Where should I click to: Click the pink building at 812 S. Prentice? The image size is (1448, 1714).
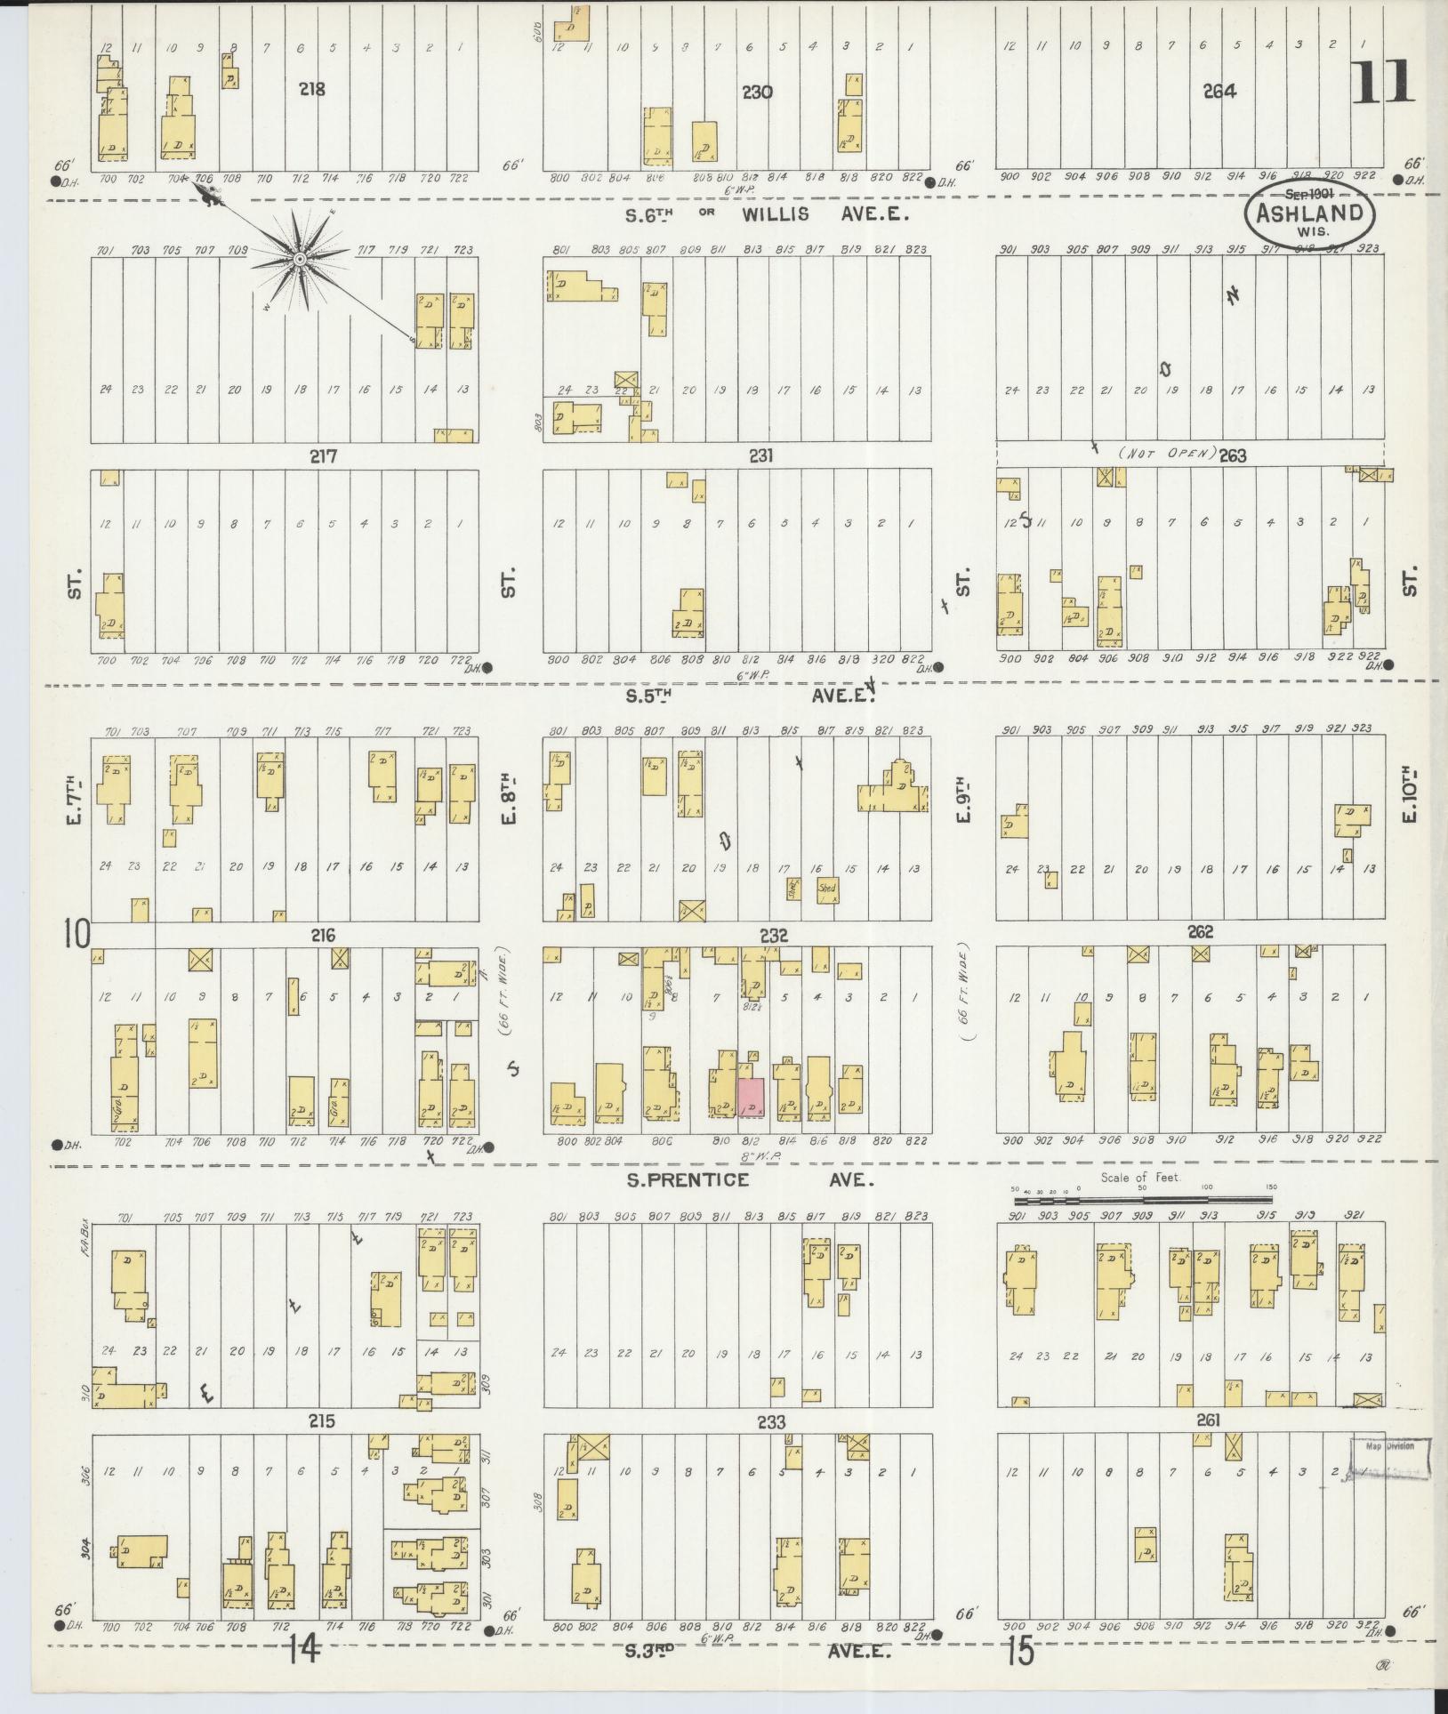click(751, 1097)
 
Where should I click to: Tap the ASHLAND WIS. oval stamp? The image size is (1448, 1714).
click(1308, 214)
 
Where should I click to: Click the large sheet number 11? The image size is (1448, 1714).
click(1383, 84)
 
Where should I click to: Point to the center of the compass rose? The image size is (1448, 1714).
click(300, 260)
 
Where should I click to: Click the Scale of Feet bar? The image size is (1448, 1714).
click(1147, 1201)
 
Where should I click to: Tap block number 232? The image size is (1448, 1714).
click(774, 935)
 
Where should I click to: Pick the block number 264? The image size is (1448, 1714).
click(1219, 91)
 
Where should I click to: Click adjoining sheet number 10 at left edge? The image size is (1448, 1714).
click(76, 935)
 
